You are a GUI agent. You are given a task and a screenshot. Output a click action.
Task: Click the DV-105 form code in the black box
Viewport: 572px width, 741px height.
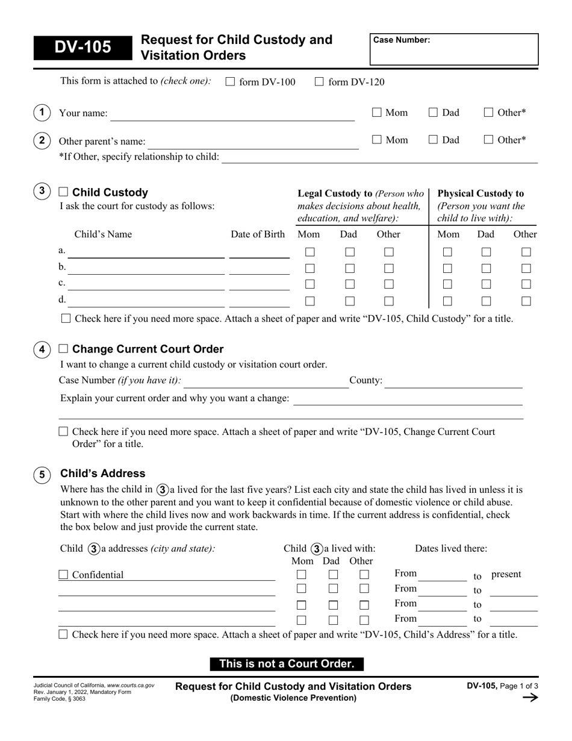click(82, 47)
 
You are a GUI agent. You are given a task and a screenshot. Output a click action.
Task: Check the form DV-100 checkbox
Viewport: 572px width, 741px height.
click(230, 82)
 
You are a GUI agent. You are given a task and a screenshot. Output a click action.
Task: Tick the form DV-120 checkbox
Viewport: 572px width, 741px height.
click(320, 82)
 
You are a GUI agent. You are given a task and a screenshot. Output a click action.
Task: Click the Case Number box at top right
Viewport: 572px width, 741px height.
click(453, 49)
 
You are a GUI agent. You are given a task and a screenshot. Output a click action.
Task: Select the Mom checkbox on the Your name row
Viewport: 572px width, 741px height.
click(377, 112)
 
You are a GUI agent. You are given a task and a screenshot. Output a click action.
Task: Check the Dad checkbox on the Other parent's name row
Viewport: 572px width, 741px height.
click(434, 140)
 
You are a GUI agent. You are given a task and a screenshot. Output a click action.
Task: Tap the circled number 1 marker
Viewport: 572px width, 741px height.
click(42, 112)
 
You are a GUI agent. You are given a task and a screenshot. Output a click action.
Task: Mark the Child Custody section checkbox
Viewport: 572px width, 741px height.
click(63, 192)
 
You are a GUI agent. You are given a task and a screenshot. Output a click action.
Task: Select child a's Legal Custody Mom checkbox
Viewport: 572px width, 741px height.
click(310, 252)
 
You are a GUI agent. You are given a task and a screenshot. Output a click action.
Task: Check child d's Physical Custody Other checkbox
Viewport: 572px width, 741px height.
click(526, 301)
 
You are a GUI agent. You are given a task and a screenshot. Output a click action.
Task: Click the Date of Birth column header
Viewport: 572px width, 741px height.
click(258, 234)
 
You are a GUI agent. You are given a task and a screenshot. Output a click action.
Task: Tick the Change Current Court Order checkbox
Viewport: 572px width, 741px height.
click(63, 349)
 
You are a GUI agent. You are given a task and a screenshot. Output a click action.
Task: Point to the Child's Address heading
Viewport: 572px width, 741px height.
click(103, 474)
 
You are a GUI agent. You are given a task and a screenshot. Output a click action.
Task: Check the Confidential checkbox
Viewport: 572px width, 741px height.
click(63, 575)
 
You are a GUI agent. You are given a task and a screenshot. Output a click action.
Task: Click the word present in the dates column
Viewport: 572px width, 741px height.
click(506, 574)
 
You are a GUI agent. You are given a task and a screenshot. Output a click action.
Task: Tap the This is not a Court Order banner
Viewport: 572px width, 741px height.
click(287, 664)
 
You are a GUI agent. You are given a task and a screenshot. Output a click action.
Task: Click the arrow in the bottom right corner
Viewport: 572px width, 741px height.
click(530, 698)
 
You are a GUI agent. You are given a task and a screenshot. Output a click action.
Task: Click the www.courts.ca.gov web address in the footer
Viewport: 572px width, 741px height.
click(131, 686)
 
